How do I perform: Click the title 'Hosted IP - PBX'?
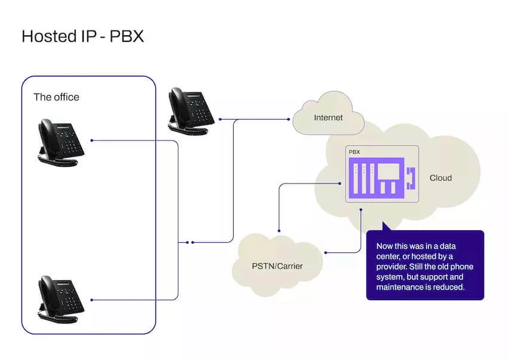(82, 36)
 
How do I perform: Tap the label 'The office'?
(56, 97)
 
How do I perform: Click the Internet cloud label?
(328, 118)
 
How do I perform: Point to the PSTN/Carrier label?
(276, 265)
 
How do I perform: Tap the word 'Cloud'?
(440, 178)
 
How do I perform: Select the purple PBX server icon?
(377, 179)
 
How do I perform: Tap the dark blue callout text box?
(424, 265)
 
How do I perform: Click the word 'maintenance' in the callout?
(400, 288)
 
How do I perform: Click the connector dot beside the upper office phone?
(91, 141)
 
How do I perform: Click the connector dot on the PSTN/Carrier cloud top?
(279, 230)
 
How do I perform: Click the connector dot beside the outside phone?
(220, 119)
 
